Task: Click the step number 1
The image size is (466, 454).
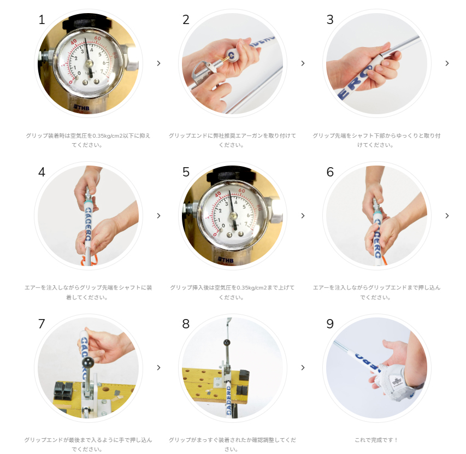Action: click(x=42, y=20)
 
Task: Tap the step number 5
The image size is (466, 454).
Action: click(x=186, y=172)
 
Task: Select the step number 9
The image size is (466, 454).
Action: click(x=330, y=324)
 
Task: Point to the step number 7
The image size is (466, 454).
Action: click(x=42, y=324)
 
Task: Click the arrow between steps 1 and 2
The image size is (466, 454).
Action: click(x=158, y=63)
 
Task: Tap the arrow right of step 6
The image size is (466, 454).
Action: click(x=447, y=216)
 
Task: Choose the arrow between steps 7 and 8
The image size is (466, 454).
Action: click(x=158, y=368)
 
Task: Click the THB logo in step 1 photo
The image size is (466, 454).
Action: click(x=81, y=108)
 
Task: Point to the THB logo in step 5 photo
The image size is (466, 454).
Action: click(x=226, y=260)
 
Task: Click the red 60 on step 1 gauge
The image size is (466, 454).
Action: click(x=97, y=38)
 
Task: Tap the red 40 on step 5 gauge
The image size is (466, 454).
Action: click(x=218, y=194)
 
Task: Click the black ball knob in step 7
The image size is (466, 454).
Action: click(x=88, y=362)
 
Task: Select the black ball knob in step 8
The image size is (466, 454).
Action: click(x=227, y=343)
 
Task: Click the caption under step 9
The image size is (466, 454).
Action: click(x=376, y=440)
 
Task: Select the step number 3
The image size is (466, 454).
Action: click(x=330, y=20)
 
